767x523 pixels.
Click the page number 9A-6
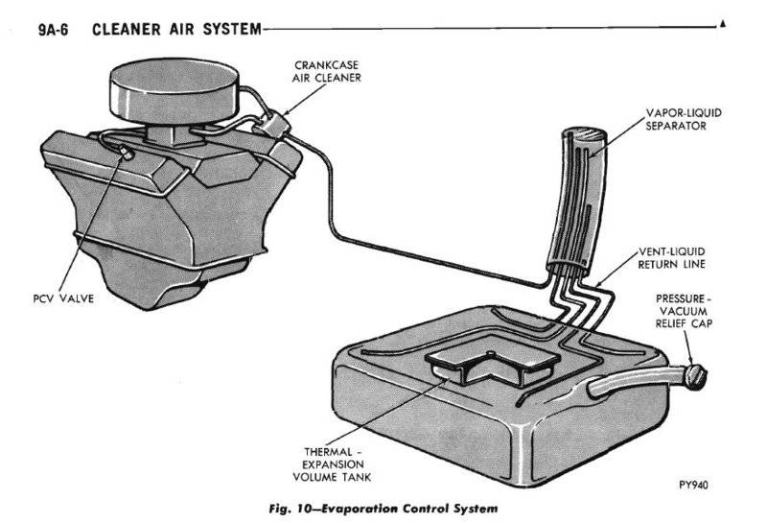pyautogui.click(x=57, y=30)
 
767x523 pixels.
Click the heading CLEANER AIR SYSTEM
pyautogui.click(x=176, y=30)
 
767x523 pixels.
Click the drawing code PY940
pyautogui.click(x=693, y=486)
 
